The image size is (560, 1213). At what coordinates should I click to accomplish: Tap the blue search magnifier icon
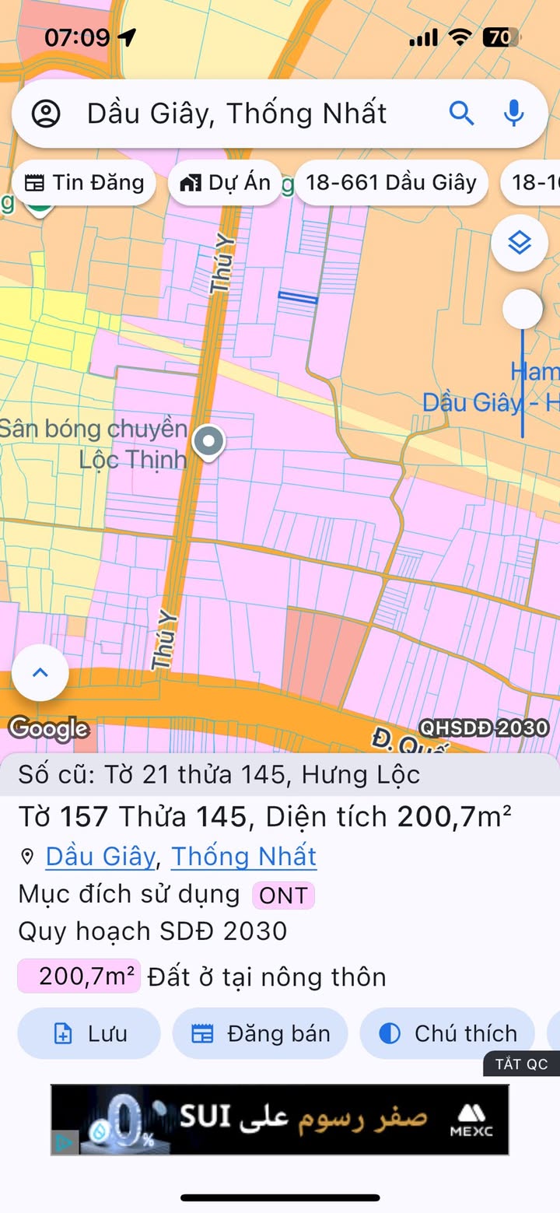[461, 114]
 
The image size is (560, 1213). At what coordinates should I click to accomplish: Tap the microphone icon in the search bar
[513, 114]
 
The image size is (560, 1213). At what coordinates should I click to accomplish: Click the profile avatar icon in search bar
[46, 114]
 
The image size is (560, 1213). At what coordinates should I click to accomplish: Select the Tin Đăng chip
[84, 183]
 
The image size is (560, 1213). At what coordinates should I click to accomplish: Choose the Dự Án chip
[226, 183]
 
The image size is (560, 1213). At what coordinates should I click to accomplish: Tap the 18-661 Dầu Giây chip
[390, 183]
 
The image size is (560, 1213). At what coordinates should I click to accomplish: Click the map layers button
[519, 244]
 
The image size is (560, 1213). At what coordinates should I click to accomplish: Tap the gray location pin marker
[208, 441]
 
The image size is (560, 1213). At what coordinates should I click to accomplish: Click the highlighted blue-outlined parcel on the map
[298, 297]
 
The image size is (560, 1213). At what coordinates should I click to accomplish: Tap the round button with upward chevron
[40, 672]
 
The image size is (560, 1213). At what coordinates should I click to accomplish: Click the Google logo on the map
[48, 728]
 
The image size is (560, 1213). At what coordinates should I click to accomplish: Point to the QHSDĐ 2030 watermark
[484, 727]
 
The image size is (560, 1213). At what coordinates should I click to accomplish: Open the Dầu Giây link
[100, 857]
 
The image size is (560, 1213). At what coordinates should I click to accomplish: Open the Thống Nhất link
[243, 857]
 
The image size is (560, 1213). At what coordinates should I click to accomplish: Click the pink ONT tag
[283, 896]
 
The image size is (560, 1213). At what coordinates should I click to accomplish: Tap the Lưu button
[89, 1033]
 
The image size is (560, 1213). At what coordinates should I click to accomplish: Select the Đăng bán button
[261, 1033]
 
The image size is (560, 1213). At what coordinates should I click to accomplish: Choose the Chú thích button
[448, 1033]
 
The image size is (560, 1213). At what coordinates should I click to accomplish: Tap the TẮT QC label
[522, 1064]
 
